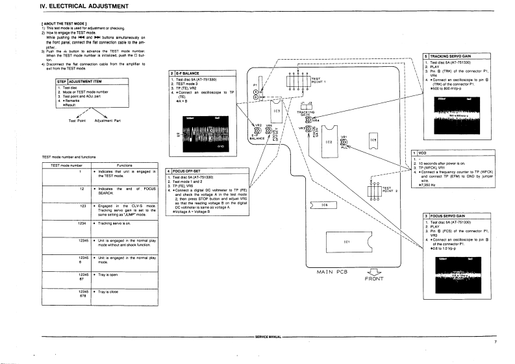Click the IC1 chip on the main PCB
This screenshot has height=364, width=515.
[347, 242]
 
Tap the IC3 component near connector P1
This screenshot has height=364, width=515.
[277, 112]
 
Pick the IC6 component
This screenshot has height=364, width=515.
[323, 206]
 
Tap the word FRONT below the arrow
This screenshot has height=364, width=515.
[375, 279]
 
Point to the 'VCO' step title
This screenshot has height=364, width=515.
[422, 152]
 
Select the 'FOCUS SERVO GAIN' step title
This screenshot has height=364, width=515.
[447, 215]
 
